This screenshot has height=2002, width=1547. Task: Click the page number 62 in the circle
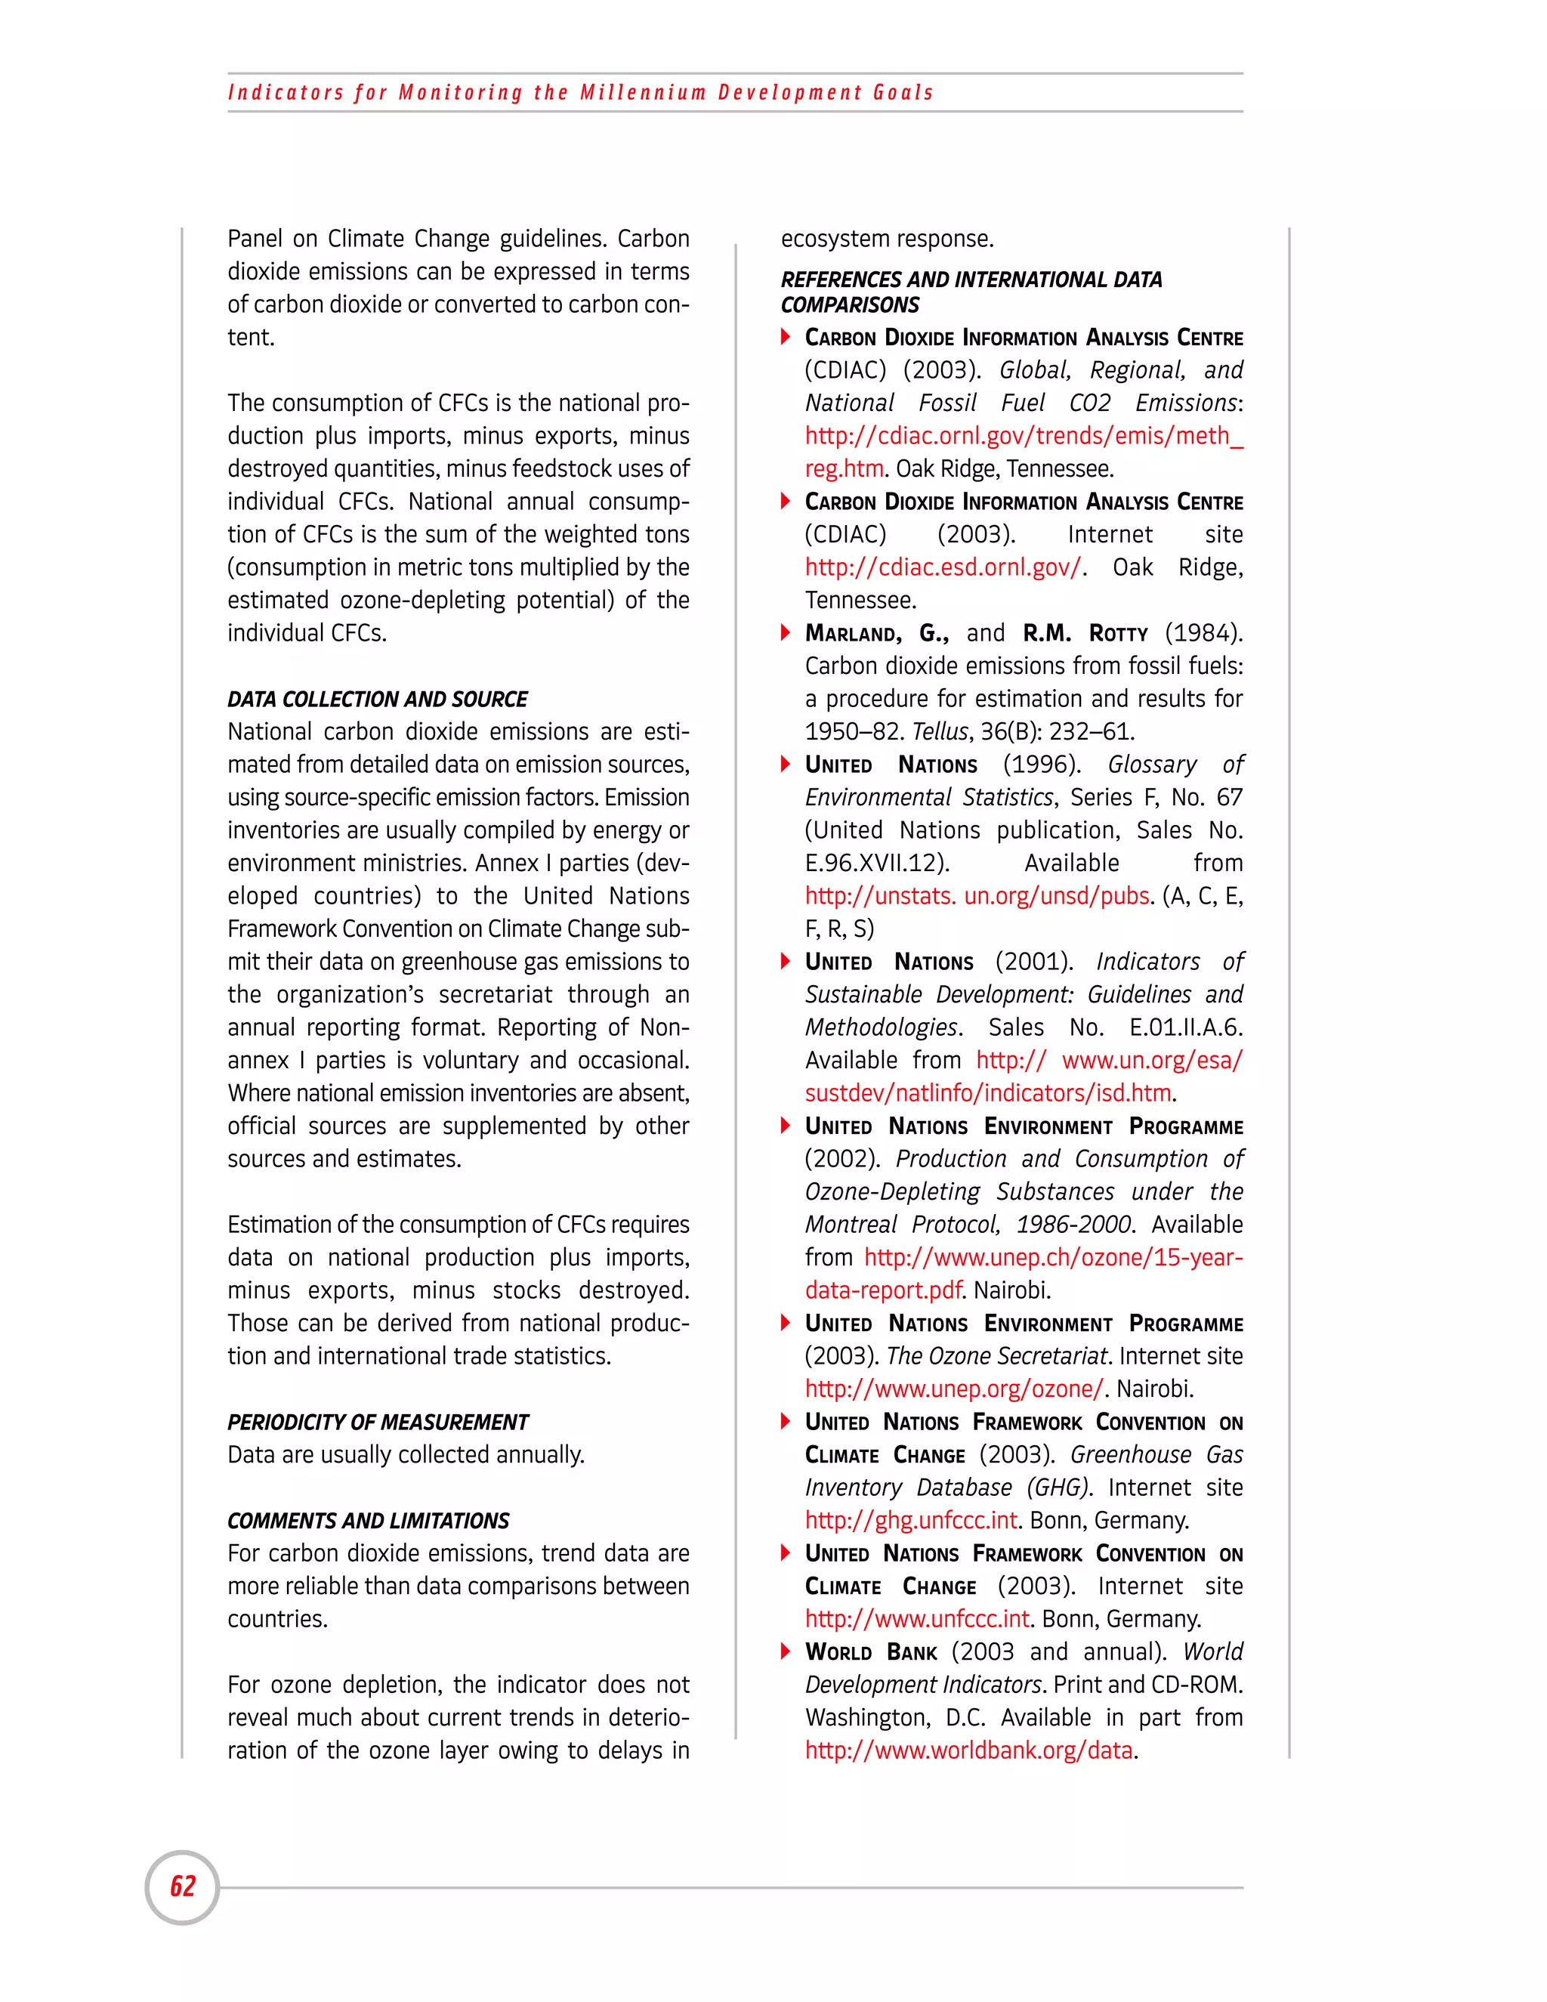tap(182, 1886)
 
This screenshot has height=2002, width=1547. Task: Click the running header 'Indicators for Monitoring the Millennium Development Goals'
tap(580, 93)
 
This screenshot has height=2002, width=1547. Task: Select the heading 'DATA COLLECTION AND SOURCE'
tap(377, 700)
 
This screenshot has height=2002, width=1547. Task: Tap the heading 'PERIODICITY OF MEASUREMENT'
tap(378, 1422)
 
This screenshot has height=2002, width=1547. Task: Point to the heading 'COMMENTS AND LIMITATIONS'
tap(368, 1521)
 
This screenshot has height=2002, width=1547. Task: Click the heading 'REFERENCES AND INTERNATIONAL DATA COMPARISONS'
tap(971, 292)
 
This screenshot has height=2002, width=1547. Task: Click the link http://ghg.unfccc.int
tap(911, 1520)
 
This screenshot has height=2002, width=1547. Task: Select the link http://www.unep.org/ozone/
tap(954, 1389)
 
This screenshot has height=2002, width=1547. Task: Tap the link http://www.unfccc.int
tap(917, 1619)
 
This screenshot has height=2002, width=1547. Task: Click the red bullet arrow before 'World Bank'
tap(786, 1651)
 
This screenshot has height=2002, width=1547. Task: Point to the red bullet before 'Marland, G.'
tap(786, 632)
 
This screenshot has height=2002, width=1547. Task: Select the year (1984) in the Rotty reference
tap(1203, 632)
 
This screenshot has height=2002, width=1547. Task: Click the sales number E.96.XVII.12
tap(876, 863)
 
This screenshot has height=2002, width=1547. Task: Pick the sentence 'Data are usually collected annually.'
tap(405, 1455)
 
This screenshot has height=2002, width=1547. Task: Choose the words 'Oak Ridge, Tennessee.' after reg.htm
tap(1005, 468)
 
